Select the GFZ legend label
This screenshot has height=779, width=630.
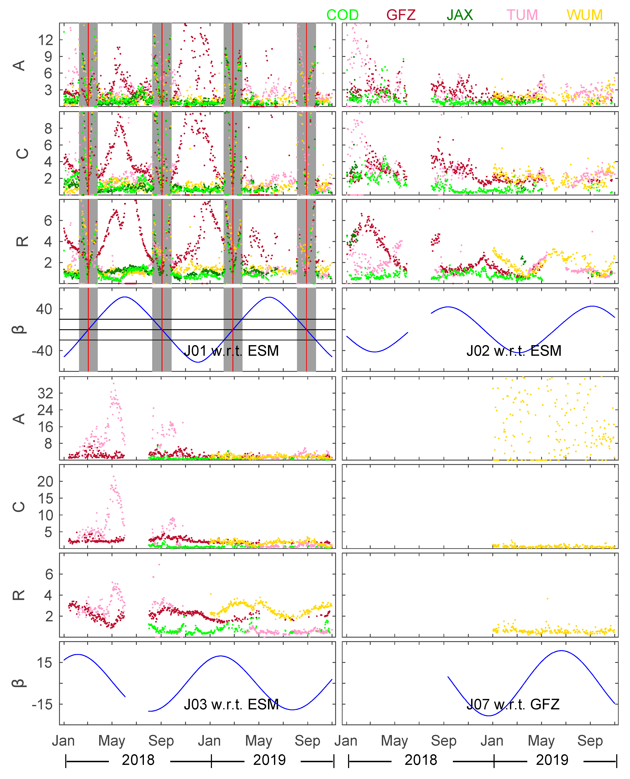click(401, 15)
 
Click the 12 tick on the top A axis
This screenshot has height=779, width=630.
click(45, 40)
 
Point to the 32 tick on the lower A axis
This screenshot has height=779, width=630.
click(45, 393)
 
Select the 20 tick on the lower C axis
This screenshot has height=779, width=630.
click(45, 481)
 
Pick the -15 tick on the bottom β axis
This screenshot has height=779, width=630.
click(42, 705)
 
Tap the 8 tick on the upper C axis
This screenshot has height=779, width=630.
click(48, 128)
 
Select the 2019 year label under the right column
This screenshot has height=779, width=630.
click(552, 760)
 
